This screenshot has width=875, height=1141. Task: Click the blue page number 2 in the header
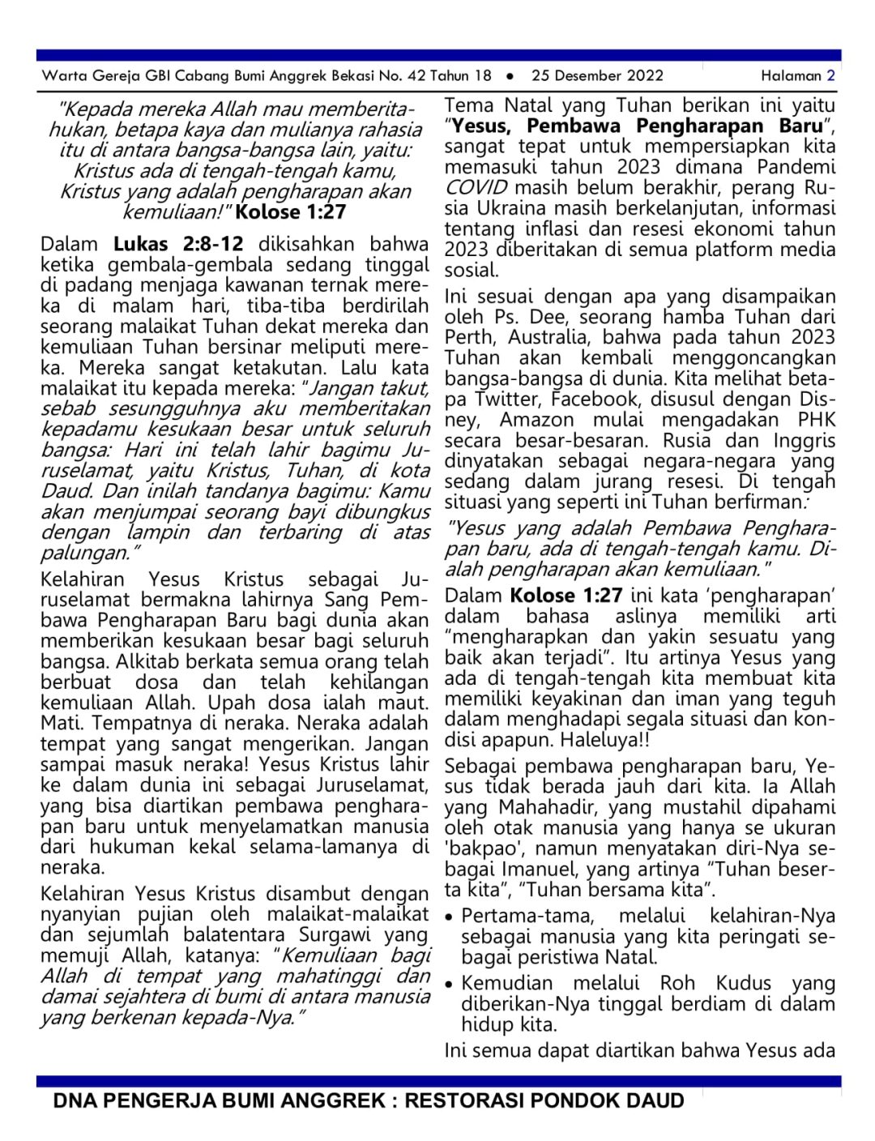[x=830, y=76]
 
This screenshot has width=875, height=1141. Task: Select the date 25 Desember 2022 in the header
[x=597, y=76]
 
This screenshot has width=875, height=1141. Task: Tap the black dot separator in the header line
[x=510, y=76]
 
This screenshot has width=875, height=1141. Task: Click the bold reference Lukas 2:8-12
[x=177, y=244]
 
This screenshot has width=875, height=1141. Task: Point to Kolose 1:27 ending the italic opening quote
[x=291, y=212]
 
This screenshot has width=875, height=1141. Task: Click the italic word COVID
[x=476, y=187]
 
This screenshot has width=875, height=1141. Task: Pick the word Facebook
[x=594, y=399]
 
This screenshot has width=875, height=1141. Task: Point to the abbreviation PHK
[x=816, y=420]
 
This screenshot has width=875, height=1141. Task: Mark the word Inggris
[x=803, y=440]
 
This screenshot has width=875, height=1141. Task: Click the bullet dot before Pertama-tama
[x=450, y=917]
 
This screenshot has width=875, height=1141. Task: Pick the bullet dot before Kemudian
[x=450, y=985]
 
